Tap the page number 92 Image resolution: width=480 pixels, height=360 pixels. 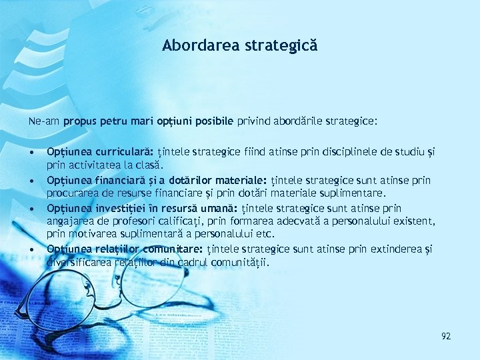pos(446,336)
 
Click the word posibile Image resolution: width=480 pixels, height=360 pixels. pos(212,122)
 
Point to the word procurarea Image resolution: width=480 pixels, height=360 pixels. pos(71,193)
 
